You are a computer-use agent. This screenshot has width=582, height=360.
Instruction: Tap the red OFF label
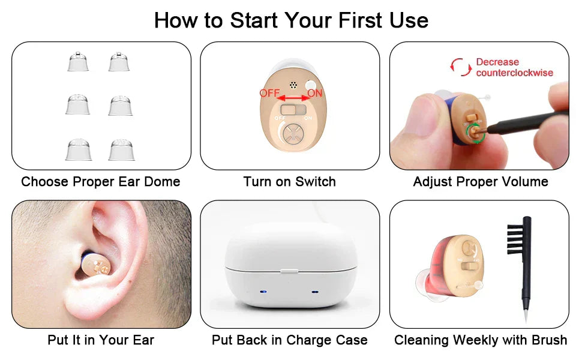pyautogui.click(x=269, y=93)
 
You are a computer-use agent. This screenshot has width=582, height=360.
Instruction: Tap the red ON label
pyautogui.click(x=315, y=93)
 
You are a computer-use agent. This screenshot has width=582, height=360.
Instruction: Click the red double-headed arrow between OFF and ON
pyautogui.click(x=292, y=95)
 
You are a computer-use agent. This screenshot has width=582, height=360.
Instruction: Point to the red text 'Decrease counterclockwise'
pyautogui.click(x=514, y=67)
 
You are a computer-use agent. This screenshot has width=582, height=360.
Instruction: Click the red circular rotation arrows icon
pyautogui.click(x=461, y=67)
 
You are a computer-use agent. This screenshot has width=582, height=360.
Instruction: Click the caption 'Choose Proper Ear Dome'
pyautogui.click(x=101, y=181)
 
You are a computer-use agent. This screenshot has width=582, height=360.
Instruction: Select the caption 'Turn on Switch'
pyautogui.click(x=290, y=181)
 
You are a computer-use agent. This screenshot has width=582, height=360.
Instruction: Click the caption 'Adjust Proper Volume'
pyautogui.click(x=481, y=181)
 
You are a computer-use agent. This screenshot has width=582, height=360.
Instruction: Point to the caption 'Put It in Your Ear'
pyautogui.click(x=101, y=340)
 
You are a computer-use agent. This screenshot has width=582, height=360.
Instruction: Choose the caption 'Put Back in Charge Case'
pyautogui.click(x=290, y=340)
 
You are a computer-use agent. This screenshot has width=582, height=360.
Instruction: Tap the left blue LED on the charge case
pyautogui.click(x=263, y=292)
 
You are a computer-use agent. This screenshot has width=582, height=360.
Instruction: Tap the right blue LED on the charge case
pyautogui.click(x=315, y=292)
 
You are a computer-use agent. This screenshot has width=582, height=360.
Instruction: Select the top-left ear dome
pyautogui.click(x=78, y=62)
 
